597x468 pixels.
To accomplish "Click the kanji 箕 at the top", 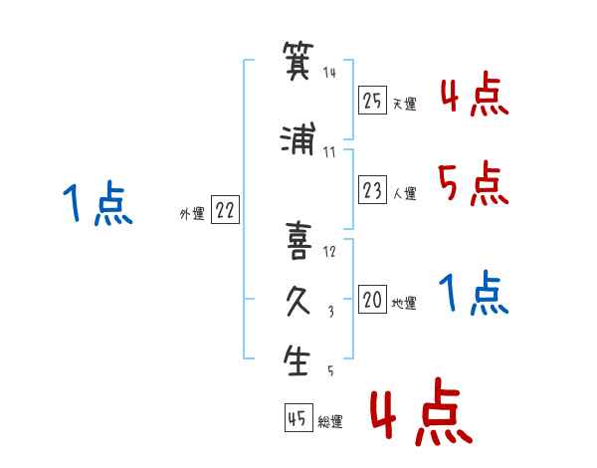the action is (x=298, y=61).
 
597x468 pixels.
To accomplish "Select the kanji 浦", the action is (x=298, y=138).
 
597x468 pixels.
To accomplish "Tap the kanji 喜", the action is (x=298, y=241).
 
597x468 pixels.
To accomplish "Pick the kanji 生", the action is (x=297, y=359).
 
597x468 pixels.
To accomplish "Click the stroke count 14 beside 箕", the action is (x=329, y=73).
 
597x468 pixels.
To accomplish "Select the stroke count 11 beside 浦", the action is (x=329, y=152).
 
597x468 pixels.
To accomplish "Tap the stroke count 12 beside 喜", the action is (x=329, y=252).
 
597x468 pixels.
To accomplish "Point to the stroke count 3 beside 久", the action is (x=331, y=312).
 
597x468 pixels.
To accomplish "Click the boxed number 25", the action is (x=372, y=101).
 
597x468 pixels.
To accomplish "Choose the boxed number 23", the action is (x=372, y=190).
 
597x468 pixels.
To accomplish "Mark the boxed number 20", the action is (x=372, y=300).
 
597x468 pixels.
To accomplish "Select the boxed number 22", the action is (x=225, y=210).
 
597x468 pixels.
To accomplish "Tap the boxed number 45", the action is (x=298, y=418).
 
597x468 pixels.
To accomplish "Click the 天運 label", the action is (x=404, y=104).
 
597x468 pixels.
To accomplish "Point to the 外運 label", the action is (x=192, y=214).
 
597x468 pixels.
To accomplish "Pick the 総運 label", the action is (x=330, y=422).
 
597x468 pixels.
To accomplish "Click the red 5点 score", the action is (x=473, y=183).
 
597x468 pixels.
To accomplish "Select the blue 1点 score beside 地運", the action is (x=474, y=293).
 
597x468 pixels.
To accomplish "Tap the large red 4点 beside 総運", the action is (x=422, y=411).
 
